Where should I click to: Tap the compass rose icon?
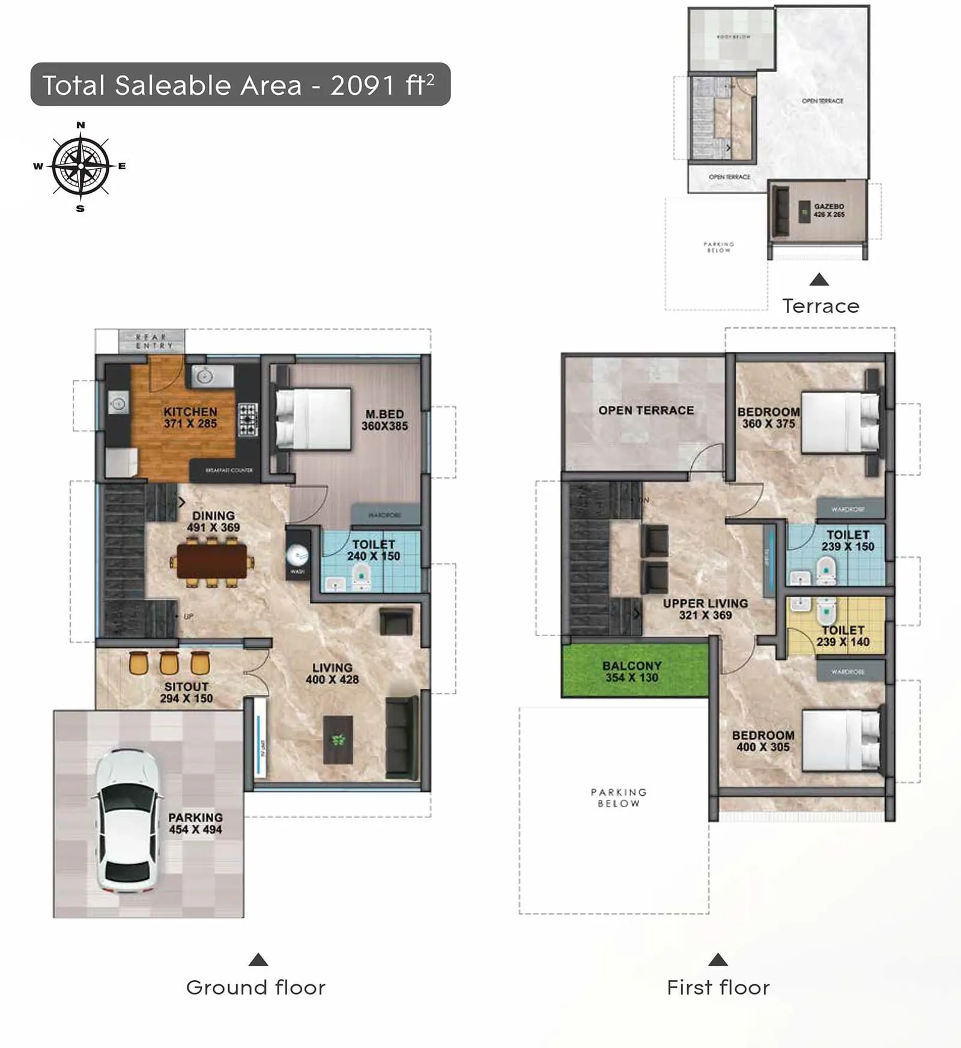click(x=80, y=166)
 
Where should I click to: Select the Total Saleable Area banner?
click(x=240, y=85)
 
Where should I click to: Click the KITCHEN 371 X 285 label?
click(x=190, y=417)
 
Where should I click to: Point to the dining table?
click(x=212, y=562)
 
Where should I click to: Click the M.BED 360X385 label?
click(x=384, y=420)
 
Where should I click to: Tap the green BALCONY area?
click(x=635, y=670)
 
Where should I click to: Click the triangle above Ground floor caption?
click(x=258, y=959)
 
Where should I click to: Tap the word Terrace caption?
click(x=820, y=306)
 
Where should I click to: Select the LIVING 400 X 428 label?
click(x=332, y=673)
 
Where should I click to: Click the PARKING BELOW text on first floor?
click(x=619, y=798)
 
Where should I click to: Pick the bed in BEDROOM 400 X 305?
click(x=841, y=740)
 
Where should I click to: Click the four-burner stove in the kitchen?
click(x=248, y=419)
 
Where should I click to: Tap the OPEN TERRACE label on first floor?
click(x=646, y=410)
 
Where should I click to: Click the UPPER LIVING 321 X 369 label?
click(x=705, y=609)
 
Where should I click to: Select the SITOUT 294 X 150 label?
click(x=186, y=692)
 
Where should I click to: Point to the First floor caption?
click(x=718, y=987)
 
